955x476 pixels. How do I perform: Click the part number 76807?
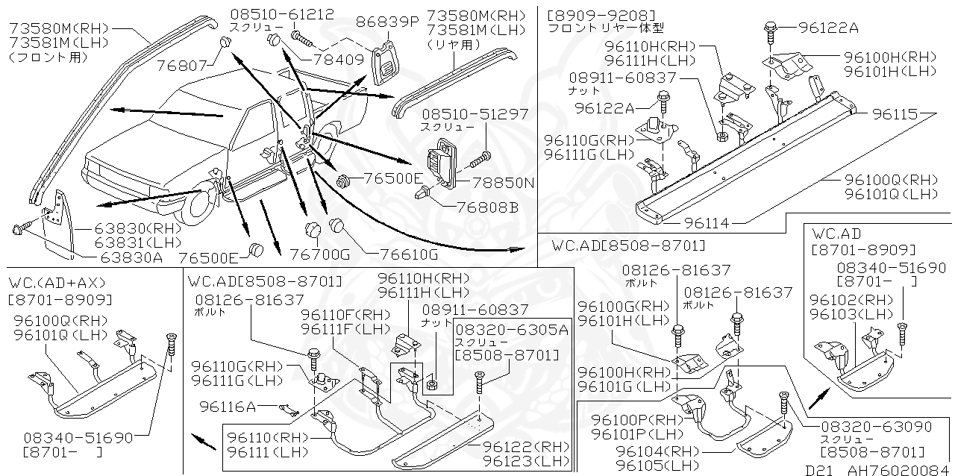(x=181, y=66)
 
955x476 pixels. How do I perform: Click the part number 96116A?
(x=228, y=406)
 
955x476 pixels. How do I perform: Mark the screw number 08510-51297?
(x=475, y=114)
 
